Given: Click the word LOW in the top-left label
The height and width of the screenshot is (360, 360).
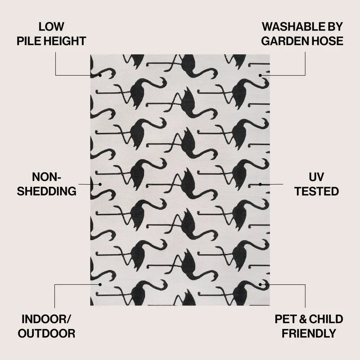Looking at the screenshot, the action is point(51,27).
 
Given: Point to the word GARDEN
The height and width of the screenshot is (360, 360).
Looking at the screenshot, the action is point(282,41).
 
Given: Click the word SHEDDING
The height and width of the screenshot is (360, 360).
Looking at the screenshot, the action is point(47,191).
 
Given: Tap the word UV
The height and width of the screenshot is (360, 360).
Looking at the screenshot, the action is point(316,177).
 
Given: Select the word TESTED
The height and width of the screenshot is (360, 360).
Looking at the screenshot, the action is point(317,191).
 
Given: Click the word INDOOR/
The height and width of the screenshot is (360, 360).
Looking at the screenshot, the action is point(46,319).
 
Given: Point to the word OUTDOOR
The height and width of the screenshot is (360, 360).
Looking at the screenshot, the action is point(47,333).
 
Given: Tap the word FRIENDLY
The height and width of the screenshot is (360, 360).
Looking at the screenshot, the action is point(309,333).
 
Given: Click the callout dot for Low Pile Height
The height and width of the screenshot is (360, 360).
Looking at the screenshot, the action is point(100,75).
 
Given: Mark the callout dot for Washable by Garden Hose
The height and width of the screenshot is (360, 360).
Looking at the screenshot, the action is point(260,75).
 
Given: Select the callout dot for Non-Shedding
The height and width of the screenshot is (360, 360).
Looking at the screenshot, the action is point(100,184).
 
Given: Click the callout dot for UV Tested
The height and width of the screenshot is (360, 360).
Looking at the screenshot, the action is point(260,184).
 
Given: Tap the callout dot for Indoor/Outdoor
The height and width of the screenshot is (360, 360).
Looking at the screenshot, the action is point(100,284).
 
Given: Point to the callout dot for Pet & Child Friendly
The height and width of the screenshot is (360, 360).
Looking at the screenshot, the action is point(260,284).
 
